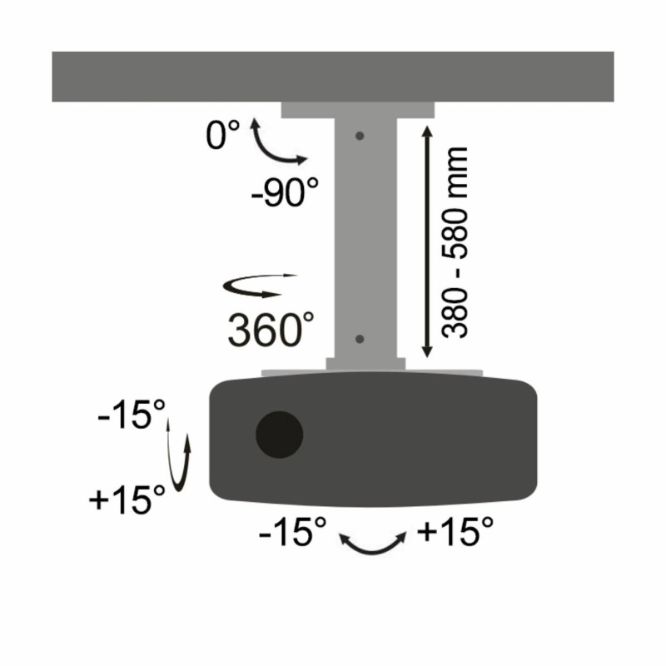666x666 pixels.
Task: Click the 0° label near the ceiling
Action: click(x=222, y=134)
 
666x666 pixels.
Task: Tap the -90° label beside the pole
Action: click(x=285, y=192)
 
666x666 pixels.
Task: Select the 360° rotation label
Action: click(x=271, y=330)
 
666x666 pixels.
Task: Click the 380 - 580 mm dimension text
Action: click(x=455, y=242)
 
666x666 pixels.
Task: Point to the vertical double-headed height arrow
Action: click(x=427, y=241)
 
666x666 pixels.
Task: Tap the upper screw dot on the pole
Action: click(x=360, y=136)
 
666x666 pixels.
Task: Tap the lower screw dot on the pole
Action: click(x=360, y=339)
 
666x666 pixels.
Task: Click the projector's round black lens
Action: click(x=279, y=435)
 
